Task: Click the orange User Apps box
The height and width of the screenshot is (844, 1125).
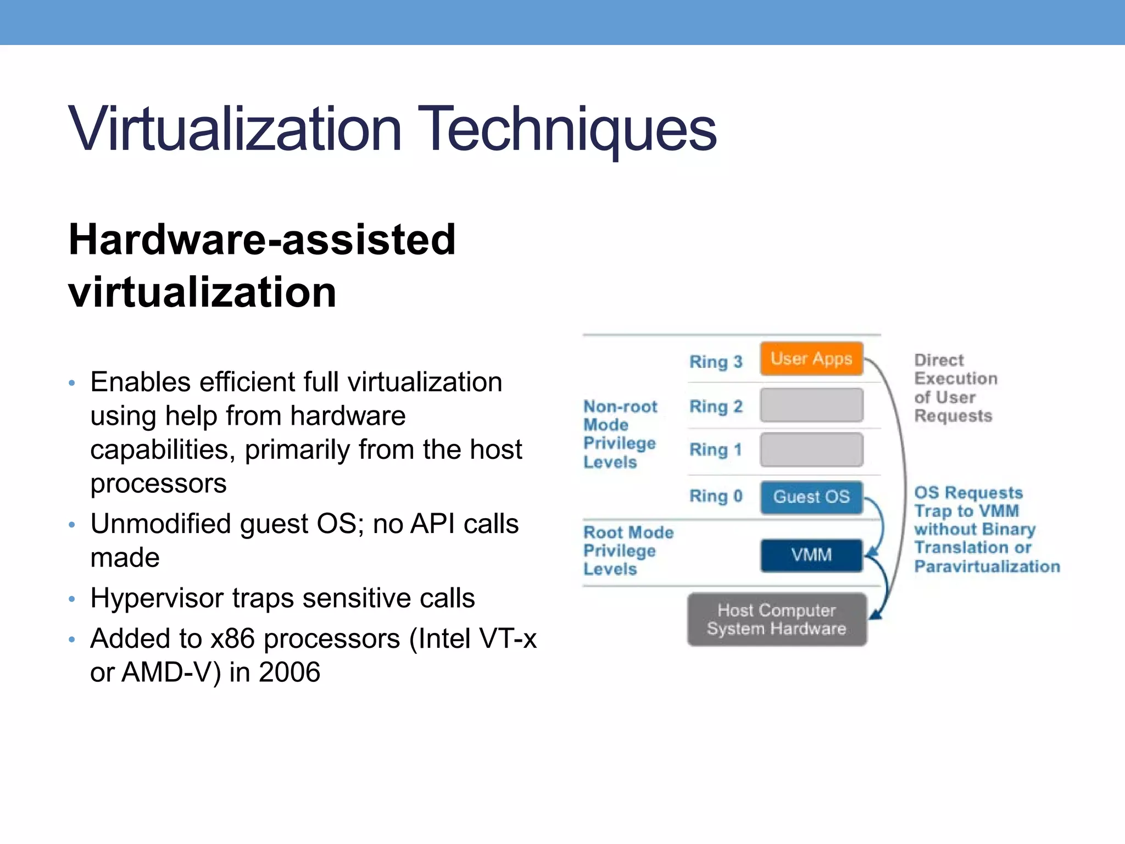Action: pos(811,359)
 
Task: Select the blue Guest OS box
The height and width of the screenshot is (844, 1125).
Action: pos(811,497)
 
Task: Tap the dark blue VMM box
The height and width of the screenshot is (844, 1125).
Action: pos(811,555)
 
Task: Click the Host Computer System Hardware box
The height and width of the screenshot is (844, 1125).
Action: pos(776,619)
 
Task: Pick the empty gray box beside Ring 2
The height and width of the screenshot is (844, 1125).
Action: pos(811,405)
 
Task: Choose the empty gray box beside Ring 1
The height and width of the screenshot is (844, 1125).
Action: pos(811,449)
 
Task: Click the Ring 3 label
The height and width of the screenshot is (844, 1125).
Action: pos(715,362)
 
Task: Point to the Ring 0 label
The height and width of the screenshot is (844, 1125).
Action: pos(715,496)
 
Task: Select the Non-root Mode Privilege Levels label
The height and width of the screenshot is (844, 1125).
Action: pos(620,434)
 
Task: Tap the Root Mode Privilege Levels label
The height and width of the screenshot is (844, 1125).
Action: pos(627,551)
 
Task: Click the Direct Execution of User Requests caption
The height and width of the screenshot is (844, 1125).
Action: pos(955,388)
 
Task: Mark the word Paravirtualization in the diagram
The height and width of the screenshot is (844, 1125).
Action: pos(987,567)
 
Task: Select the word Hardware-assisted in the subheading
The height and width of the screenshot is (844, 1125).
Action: pos(262,240)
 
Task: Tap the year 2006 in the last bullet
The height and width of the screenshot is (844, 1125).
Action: pos(289,672)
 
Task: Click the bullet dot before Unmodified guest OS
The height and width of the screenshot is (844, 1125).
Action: pos(71,525)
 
